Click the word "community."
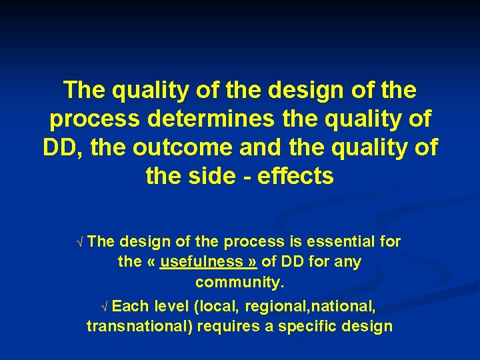240,283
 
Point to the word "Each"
130,306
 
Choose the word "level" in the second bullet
172,306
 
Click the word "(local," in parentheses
219,306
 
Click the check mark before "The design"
81,242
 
